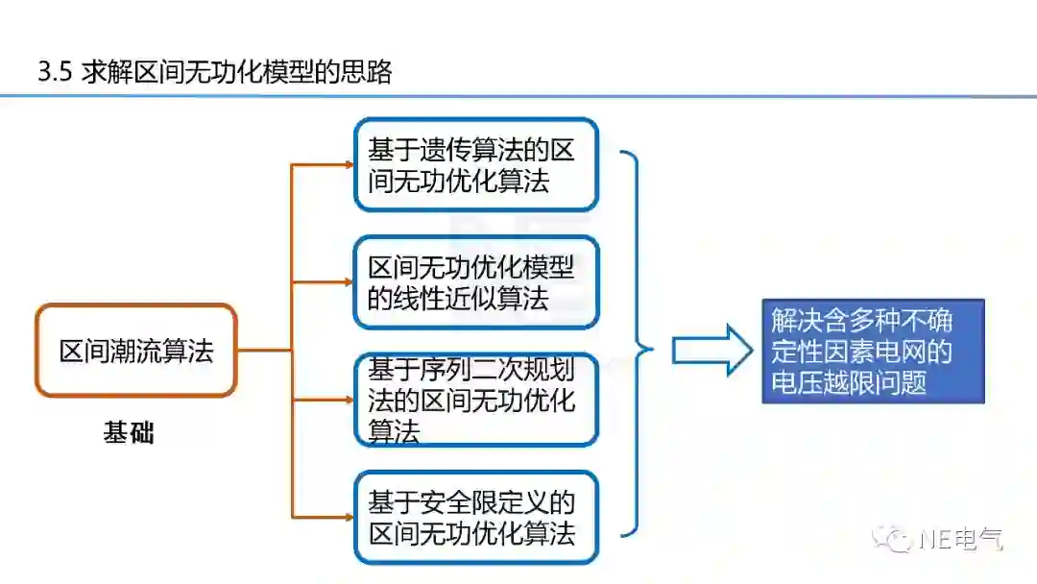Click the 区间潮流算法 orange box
click(135, 351)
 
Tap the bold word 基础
click(129, 433)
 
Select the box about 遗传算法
click(475, 164)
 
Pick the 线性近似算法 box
click(475, 281)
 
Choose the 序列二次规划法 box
click(475, 400)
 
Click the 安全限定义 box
click(475, 517)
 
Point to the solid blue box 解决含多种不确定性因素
click(873, 351)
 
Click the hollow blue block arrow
click(711, 351)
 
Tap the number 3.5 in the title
click(54, 72)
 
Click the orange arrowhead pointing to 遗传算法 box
click(350, 164)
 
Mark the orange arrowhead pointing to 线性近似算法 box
click(350, 281)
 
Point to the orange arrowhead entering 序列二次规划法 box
click(350, 400)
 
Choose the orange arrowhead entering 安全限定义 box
click(350, 517)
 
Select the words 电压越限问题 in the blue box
click(849, 382)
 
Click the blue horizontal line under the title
click(518, 96)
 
